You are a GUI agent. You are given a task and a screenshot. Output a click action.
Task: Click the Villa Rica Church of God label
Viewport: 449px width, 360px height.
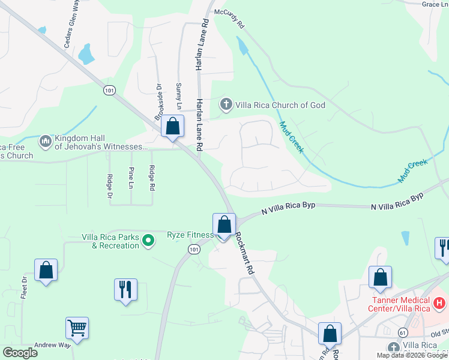click(280, 105)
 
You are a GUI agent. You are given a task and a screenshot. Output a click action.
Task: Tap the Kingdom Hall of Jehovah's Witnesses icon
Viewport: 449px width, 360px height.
click(45, 142)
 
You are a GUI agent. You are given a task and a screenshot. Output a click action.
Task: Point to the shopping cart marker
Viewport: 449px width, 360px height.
click(77, 328)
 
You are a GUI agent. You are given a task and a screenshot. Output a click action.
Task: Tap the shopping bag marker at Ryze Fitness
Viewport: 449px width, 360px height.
click(224, 226)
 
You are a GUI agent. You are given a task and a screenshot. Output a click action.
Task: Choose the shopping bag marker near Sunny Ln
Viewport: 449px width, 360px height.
click(173, 127)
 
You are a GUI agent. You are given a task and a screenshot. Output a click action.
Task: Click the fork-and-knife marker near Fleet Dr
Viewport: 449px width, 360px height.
click(125, 290)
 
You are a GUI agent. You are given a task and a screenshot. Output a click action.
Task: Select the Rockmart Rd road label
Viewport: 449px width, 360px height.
click(245, 253)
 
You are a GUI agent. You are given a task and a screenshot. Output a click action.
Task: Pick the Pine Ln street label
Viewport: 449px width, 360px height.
click(131, 178)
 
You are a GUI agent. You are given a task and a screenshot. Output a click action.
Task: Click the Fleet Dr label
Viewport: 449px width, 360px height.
click(25, 287)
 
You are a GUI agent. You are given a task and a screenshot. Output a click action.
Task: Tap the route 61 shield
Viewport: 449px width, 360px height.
click(402, 332)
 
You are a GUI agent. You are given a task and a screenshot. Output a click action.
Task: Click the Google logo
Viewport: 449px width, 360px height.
click(20, 352)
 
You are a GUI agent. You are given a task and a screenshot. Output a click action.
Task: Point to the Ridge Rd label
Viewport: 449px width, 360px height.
click(152, 178)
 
